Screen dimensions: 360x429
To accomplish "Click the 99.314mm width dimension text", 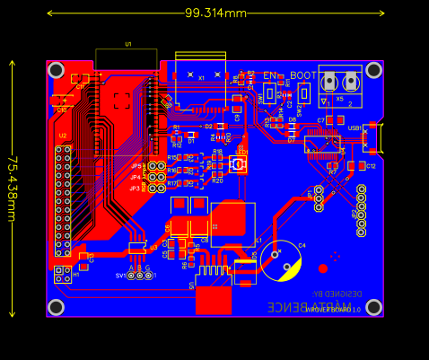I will [215, 13].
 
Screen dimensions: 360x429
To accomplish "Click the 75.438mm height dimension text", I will [13, 189].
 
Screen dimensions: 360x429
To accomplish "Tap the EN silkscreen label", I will [270, 75].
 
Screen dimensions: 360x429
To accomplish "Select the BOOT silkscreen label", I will [303, 75].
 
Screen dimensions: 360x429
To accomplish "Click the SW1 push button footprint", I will [270, 93].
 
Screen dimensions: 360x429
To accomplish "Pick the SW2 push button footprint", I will [304, 93].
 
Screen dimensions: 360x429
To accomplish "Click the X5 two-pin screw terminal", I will [339, 84].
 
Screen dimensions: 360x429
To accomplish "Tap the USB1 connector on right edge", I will [375, 138].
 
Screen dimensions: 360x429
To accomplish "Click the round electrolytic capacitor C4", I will [281, 260].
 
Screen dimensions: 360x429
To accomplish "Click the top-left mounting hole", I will [56, 70].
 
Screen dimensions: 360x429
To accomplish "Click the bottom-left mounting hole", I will [56, 307].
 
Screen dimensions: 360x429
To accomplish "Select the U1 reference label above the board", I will [127, 44].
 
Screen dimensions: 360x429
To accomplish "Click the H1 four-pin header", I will [361, 210].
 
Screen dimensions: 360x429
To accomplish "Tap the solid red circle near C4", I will [323, 268].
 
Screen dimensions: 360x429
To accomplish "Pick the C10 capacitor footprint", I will [62, 100].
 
